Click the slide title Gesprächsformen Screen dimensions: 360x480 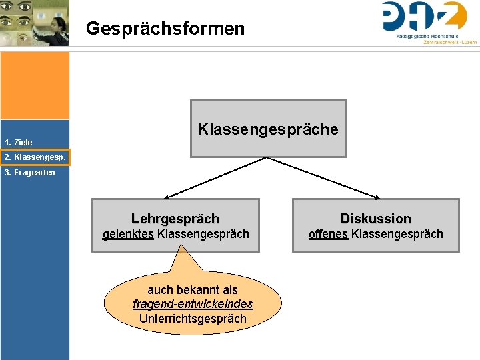click(165, 29)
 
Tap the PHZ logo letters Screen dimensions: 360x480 click(424, 16)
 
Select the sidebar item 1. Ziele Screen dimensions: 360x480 click(18, 142)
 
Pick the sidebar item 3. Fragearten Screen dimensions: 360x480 click(29, 172)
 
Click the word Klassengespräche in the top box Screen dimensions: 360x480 click(268, 129)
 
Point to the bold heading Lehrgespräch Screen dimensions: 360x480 click(175, 219)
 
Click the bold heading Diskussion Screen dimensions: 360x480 click(375, 219)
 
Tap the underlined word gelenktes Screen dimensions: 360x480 click(127, 234)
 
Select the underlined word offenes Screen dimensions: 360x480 click(327, 234)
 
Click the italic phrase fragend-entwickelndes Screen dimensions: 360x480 click(193, 304)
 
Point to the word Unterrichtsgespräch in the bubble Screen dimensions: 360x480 click(193, 318)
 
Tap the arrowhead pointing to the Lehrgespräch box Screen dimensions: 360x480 click(167, 196)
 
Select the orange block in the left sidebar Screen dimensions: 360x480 click(35, 85)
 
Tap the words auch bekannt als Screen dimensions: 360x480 click(193, 290)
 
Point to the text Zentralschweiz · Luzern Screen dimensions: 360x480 click(450, 42)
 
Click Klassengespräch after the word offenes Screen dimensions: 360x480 click(397, 234)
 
